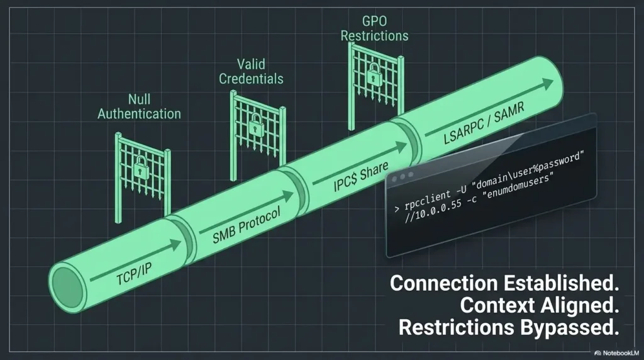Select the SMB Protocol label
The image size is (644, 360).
point(247,225)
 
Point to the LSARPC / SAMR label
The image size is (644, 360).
point(484,123)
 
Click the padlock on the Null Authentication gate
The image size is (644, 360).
point(141,167)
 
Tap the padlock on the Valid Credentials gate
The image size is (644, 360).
point(257,124)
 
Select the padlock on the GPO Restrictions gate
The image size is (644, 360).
point(374,74)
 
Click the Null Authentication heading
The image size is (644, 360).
point(139,106)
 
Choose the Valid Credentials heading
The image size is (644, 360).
point(251,72)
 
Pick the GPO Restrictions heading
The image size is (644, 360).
point(375,28)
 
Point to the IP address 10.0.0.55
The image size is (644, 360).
point(438,208)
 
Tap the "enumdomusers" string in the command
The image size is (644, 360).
point(518,186)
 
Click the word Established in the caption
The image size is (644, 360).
point(561,283)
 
